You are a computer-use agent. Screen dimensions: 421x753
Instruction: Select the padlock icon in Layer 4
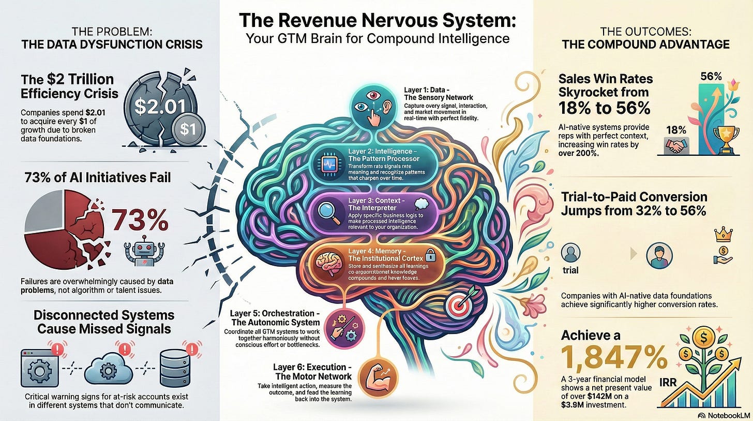coord(430,257)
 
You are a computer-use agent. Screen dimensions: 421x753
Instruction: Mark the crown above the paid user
coord(721,236)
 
